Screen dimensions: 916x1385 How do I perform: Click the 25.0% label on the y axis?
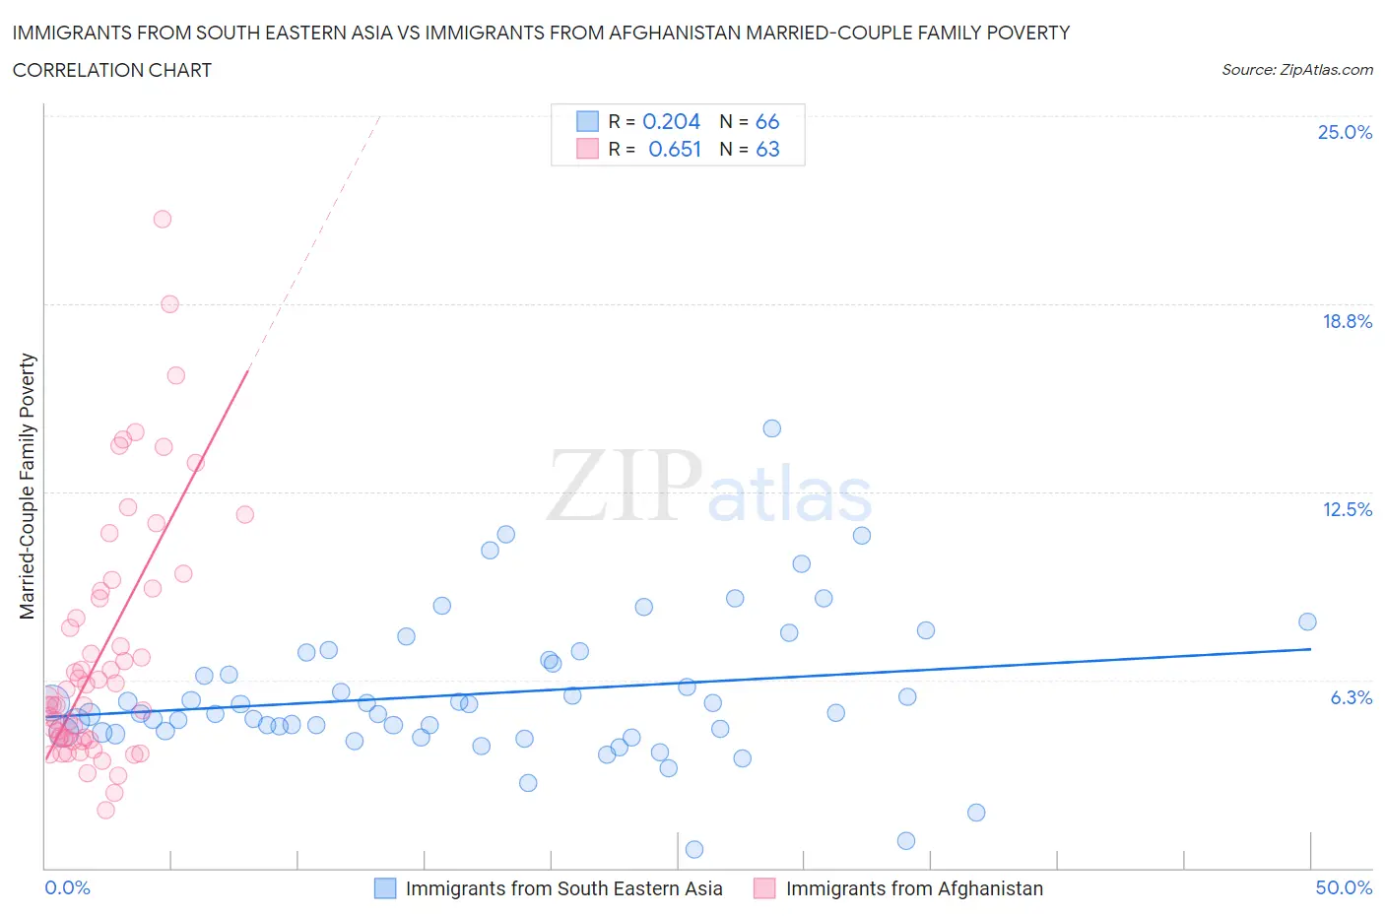(x=1345, y=132)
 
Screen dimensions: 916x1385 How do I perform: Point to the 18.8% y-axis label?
(x=1347, y=321)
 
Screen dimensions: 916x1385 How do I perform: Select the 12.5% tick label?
(x=1347, y=509)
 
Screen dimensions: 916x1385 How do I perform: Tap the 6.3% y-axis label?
(x=1352, y=697)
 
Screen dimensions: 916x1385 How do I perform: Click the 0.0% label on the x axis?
(x=67, y=887)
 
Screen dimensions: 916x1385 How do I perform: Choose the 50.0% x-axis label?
(x=1344, y=887)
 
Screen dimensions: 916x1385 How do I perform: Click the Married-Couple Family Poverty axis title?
(x=28, y=487)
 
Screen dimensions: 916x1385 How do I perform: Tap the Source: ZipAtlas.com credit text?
(x=1296, y=70)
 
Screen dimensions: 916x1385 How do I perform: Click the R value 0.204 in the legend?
(x=671, y=121)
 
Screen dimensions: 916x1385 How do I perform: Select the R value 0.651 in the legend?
(x=675, y=149)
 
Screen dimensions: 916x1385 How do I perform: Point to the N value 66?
(x=767, y=121)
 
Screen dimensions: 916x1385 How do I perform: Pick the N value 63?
(x=767, y=149)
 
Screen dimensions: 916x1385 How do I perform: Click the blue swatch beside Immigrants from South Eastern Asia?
(x=385, y=888)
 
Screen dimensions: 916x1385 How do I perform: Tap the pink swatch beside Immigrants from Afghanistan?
(x=764, y=888)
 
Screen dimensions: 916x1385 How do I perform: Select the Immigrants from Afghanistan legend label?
(x=914, y=888)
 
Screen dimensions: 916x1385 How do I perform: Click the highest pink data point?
(x=163, y=219)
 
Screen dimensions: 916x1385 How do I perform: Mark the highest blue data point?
(x=772, y=428)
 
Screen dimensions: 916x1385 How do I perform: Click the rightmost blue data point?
(x=1307, y=622)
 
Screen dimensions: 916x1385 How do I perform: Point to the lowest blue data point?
(x=693, y=849)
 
